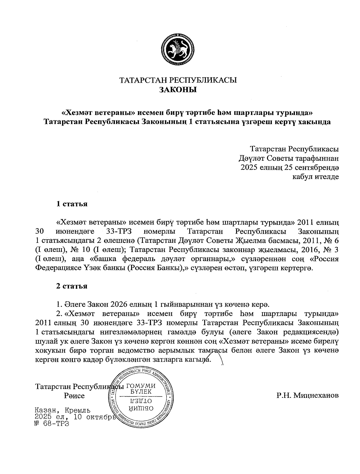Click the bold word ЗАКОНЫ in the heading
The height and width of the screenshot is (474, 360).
point(178,90)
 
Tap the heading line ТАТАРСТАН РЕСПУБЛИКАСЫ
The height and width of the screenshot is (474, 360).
point(178,80)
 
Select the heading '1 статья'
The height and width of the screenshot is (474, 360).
point(72,204)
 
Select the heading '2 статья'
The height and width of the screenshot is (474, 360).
point(72,286)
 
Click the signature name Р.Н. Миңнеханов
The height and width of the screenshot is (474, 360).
point(308,395)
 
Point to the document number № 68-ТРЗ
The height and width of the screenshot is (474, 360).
point(52,424)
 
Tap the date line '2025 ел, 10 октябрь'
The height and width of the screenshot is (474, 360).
point(75,417)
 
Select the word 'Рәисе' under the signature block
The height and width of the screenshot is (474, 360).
point(74,396)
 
